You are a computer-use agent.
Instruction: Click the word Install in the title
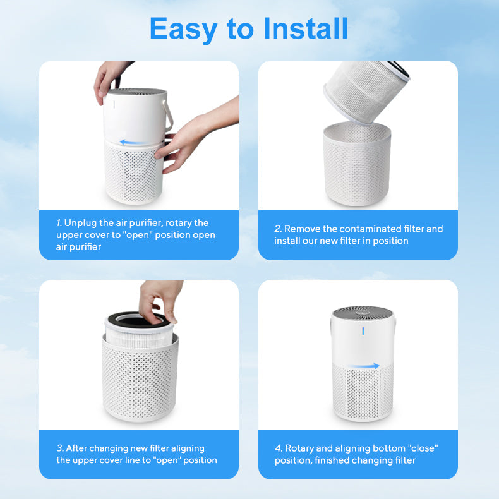tap(306, 28)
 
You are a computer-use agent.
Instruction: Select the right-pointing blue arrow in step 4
tap(363, 366)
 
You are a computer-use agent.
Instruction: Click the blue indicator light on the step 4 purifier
tap(363, 331)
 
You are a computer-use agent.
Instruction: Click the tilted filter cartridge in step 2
tap(366, 91)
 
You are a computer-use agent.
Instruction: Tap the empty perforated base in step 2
tap(357, 164)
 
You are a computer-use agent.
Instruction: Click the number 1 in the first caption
tap(59, 223)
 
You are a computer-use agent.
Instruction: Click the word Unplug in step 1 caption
tap(80, 224)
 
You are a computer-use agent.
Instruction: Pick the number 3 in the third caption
tap(60, 448)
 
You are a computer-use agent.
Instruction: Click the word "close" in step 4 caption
tap(423, 448)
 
